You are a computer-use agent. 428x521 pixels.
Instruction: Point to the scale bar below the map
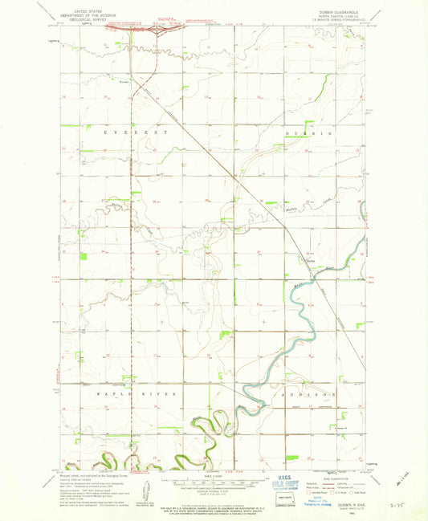pyautogui.click(x=214, y=484)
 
